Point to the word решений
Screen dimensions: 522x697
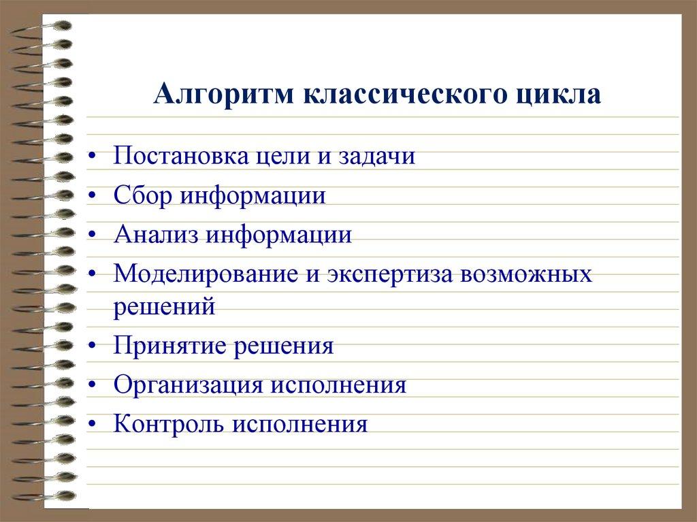tap(165, 307)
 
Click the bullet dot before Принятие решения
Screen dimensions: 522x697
tap(93, 347)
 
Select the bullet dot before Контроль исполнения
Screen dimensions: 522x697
tap(93, 426)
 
